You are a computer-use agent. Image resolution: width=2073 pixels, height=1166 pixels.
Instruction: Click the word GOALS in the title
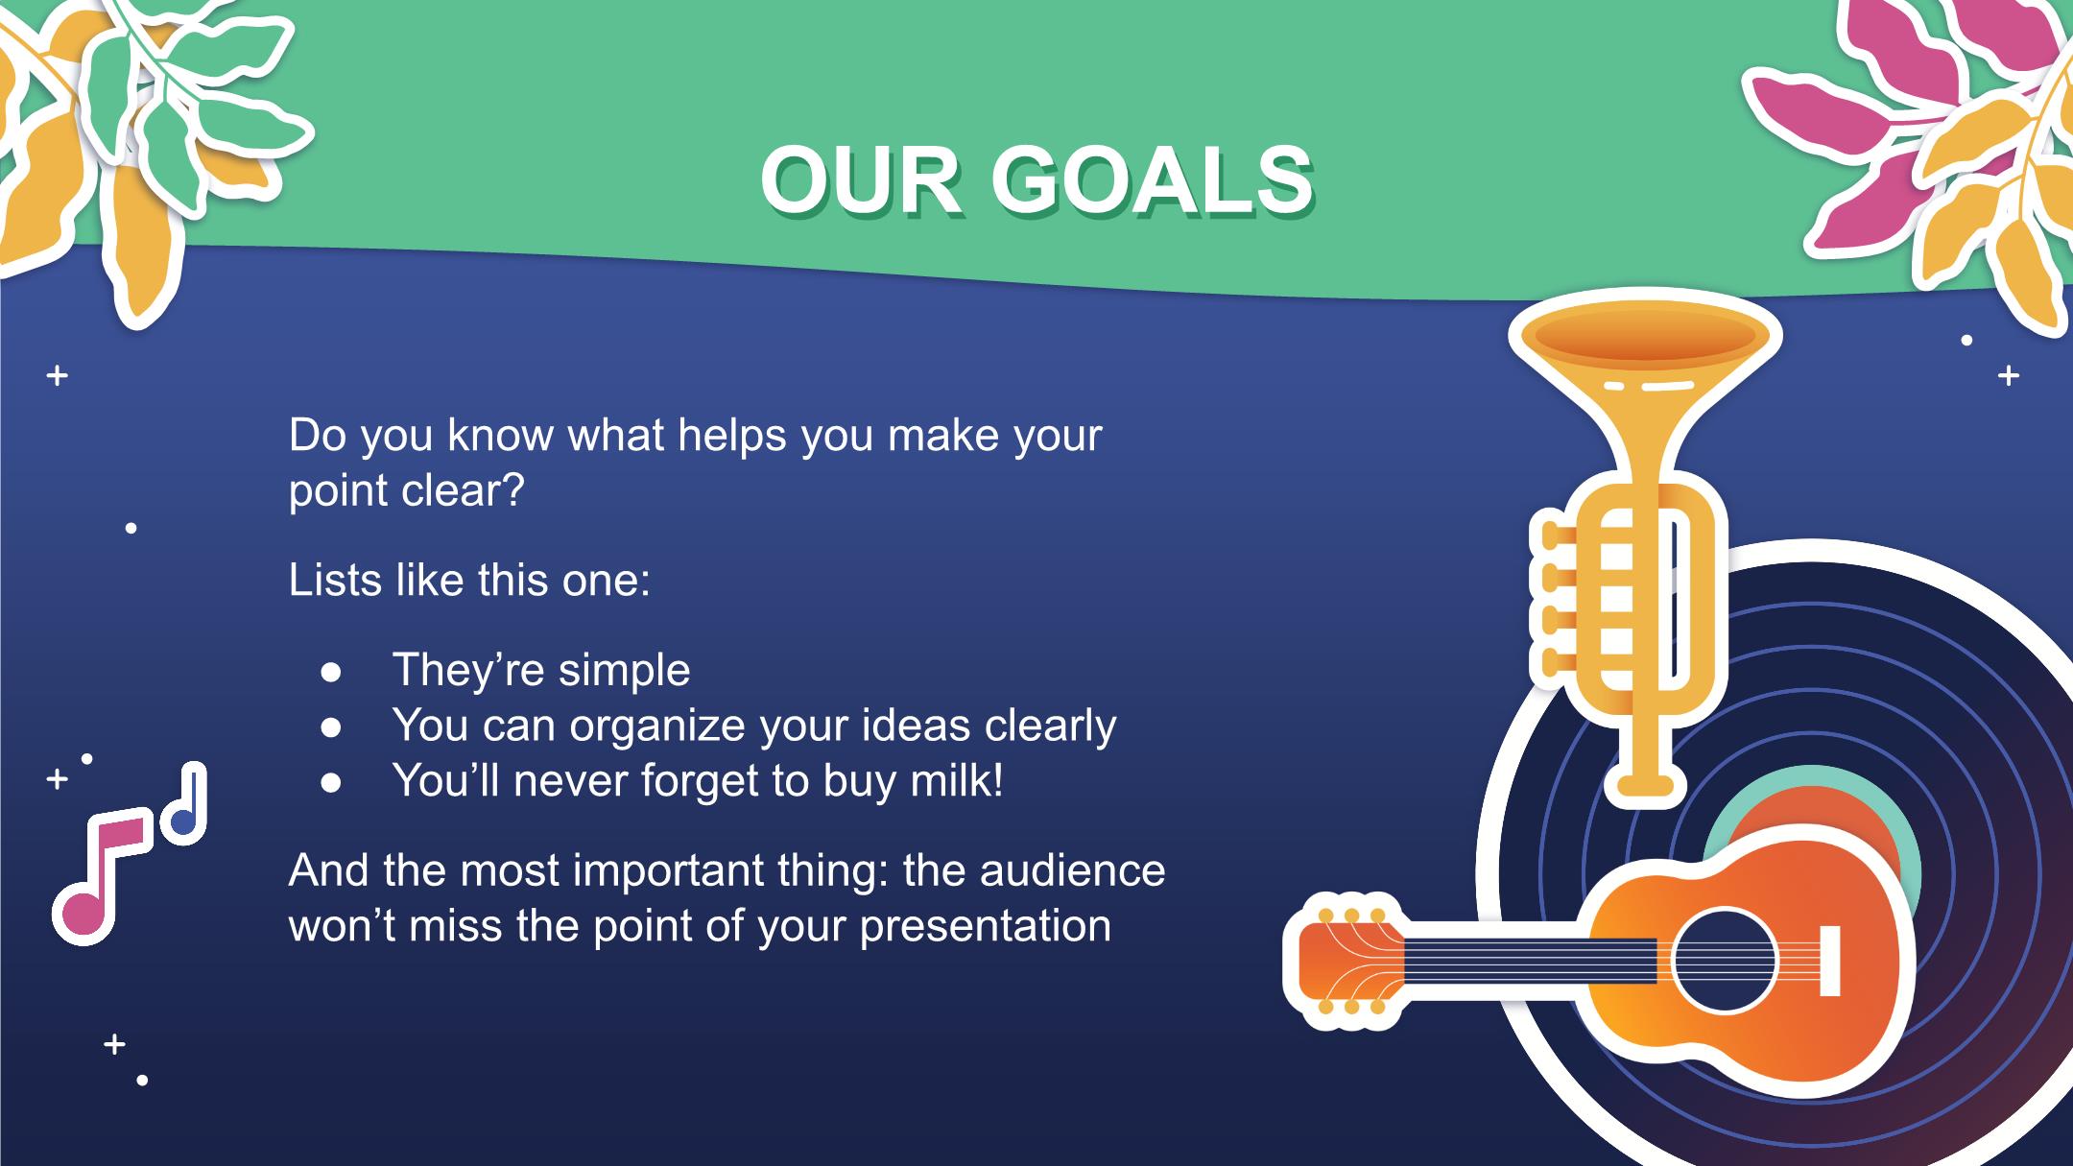click(x=1152, y=181)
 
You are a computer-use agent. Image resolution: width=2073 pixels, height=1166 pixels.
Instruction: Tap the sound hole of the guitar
click(x=1725, y=960)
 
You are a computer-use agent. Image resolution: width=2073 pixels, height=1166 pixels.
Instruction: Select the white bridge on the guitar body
click(x=1830, y=961)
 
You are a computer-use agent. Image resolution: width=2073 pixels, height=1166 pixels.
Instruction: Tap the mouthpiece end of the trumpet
click(x=1651, y=787)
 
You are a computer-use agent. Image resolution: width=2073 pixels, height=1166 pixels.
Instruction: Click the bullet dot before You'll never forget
click(x=332, y=783)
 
